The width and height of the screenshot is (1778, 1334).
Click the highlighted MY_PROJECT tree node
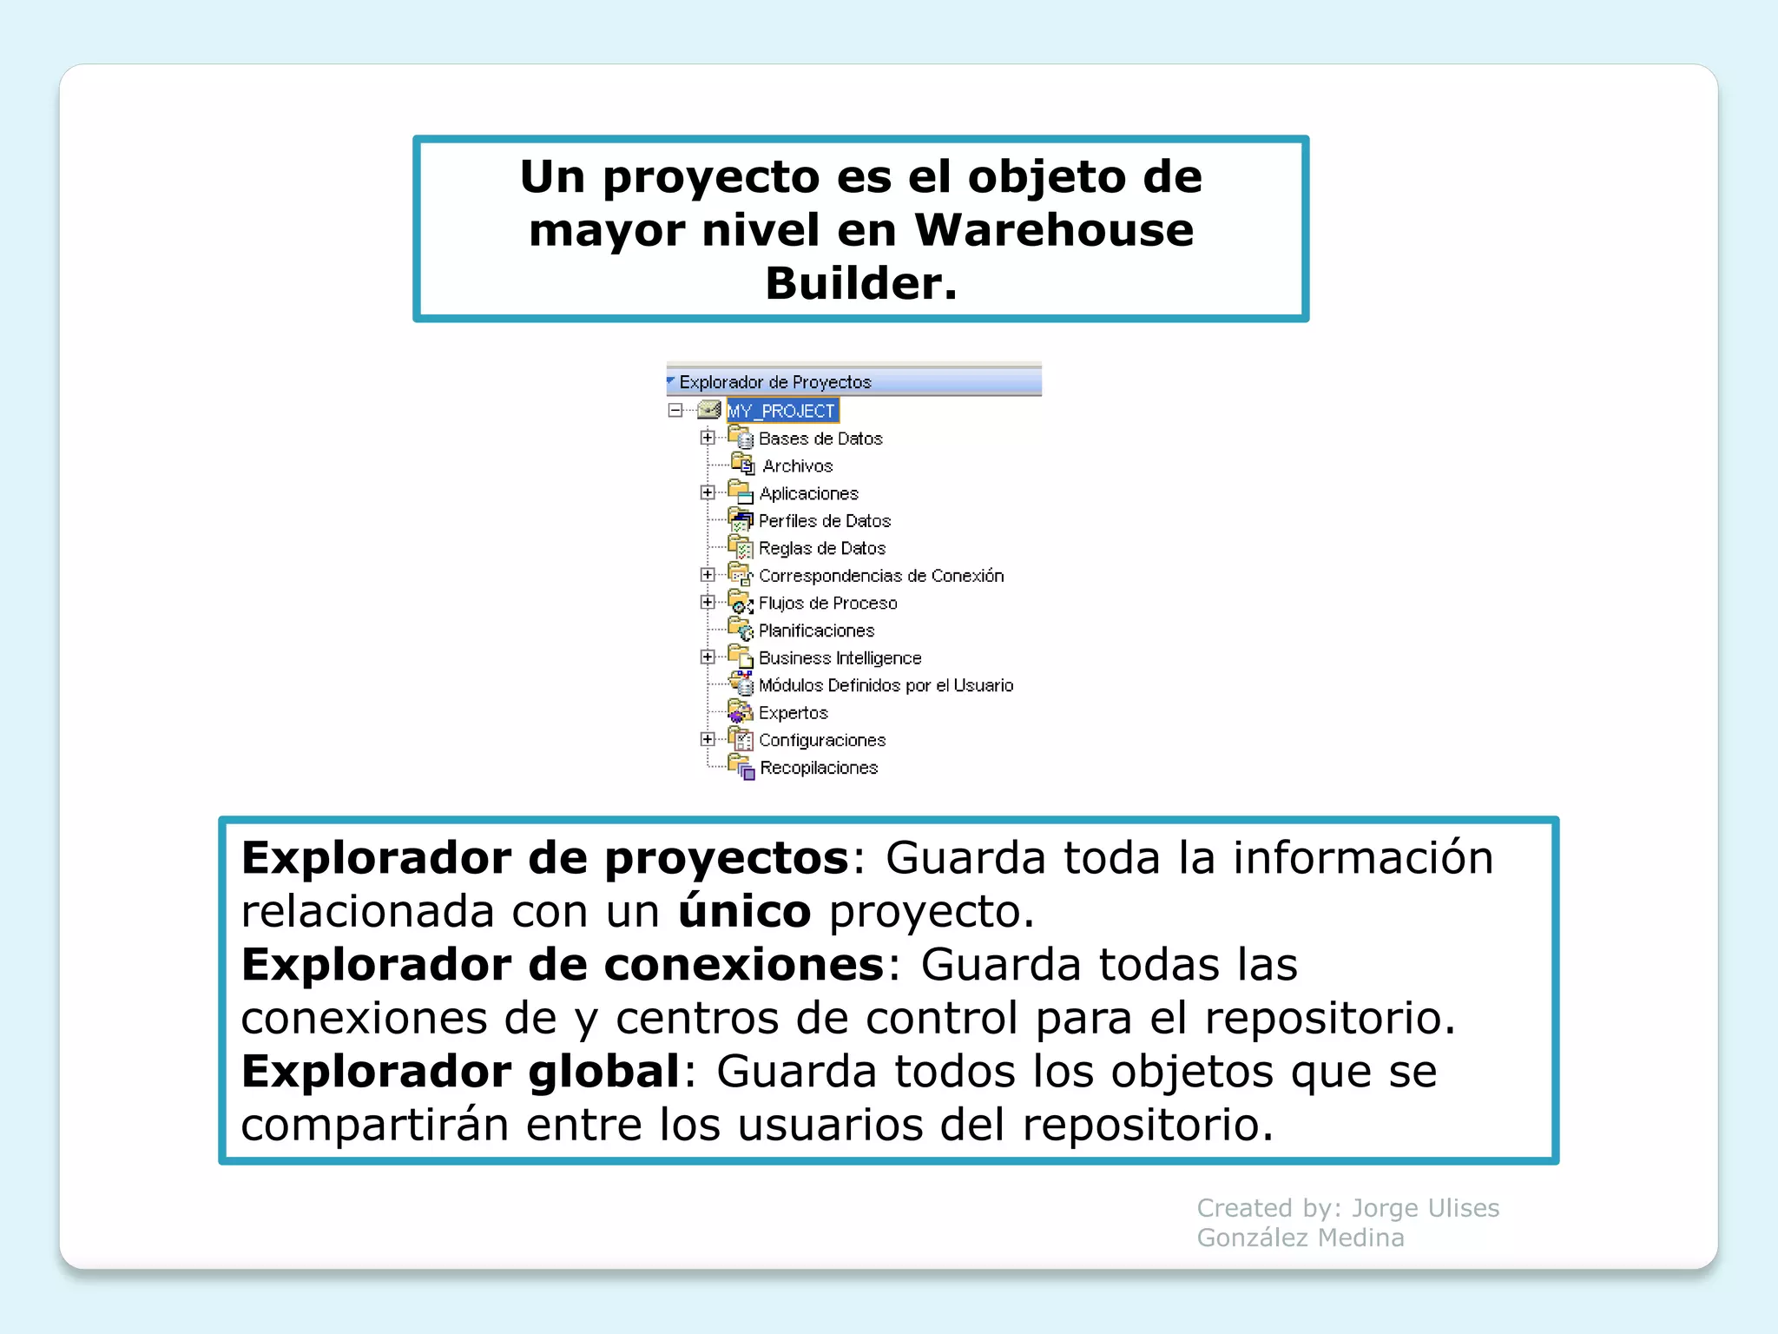pyautogui.click(x=781, y=411)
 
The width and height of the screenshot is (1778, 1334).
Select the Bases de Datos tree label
pyautogui.click(x=820, y=439)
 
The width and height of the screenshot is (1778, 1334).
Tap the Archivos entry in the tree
pyautogui.click(x=797, y=466)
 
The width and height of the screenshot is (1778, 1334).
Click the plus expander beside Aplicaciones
pyautogui.click(x=708, y=492)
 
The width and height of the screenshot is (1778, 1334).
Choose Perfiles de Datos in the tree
pyautogui.click(x=824, y=521)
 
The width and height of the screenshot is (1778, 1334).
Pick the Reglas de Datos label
pyautogui.click(x=821, y=548)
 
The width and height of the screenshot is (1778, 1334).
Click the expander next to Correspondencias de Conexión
pyautogui.click(x=708, y=575)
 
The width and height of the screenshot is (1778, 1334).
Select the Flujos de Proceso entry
pyautogui.click(x=827, y=603)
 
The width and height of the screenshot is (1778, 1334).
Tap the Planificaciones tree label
pyautogui.click(x=816, y=631)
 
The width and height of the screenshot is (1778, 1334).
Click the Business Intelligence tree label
pyautogui.click(x=840, y=658)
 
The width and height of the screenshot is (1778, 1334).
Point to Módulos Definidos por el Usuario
pyautogui.click(x=886, y=685)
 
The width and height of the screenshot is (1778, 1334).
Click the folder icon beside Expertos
pyautogui.click(x=741, y=713)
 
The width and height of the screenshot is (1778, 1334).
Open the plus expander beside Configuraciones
pyautogui.click(x=708, y=739)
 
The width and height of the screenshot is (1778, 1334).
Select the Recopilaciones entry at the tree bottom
pyautogui.click(x=819, y=768)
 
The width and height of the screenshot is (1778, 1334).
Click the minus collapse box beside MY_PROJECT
pyautogui.click(x=675, y=410)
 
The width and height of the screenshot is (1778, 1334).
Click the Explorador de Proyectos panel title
pyautogui.click(x=774, y=382)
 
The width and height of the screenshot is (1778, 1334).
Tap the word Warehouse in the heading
pyautogui.click(x=1054, y=230)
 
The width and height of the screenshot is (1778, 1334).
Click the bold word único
pyautogui.click(x=744, y=911)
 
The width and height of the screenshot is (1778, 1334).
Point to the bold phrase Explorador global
pyautogui.click(x=460, y=1071)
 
